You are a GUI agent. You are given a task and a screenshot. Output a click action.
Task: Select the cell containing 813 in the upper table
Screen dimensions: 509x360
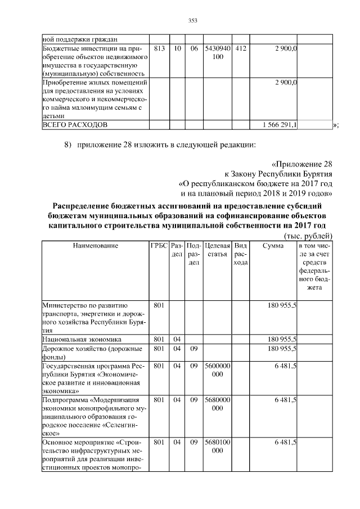tap(159, 49)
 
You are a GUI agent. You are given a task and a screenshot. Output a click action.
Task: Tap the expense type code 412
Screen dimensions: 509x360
tap(240, 49)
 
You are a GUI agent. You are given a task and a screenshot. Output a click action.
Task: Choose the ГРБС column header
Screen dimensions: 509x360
tap(159, 246)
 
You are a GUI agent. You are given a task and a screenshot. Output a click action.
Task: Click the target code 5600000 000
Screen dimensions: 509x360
tap(217, 370)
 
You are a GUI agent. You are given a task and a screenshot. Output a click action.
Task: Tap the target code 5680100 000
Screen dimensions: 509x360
tap(217, 447)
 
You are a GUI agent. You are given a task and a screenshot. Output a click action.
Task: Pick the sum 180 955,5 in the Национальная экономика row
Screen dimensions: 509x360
tap(284, 340)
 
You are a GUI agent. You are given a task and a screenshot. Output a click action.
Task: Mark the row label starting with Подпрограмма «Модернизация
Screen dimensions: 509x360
tap(93, 400)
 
